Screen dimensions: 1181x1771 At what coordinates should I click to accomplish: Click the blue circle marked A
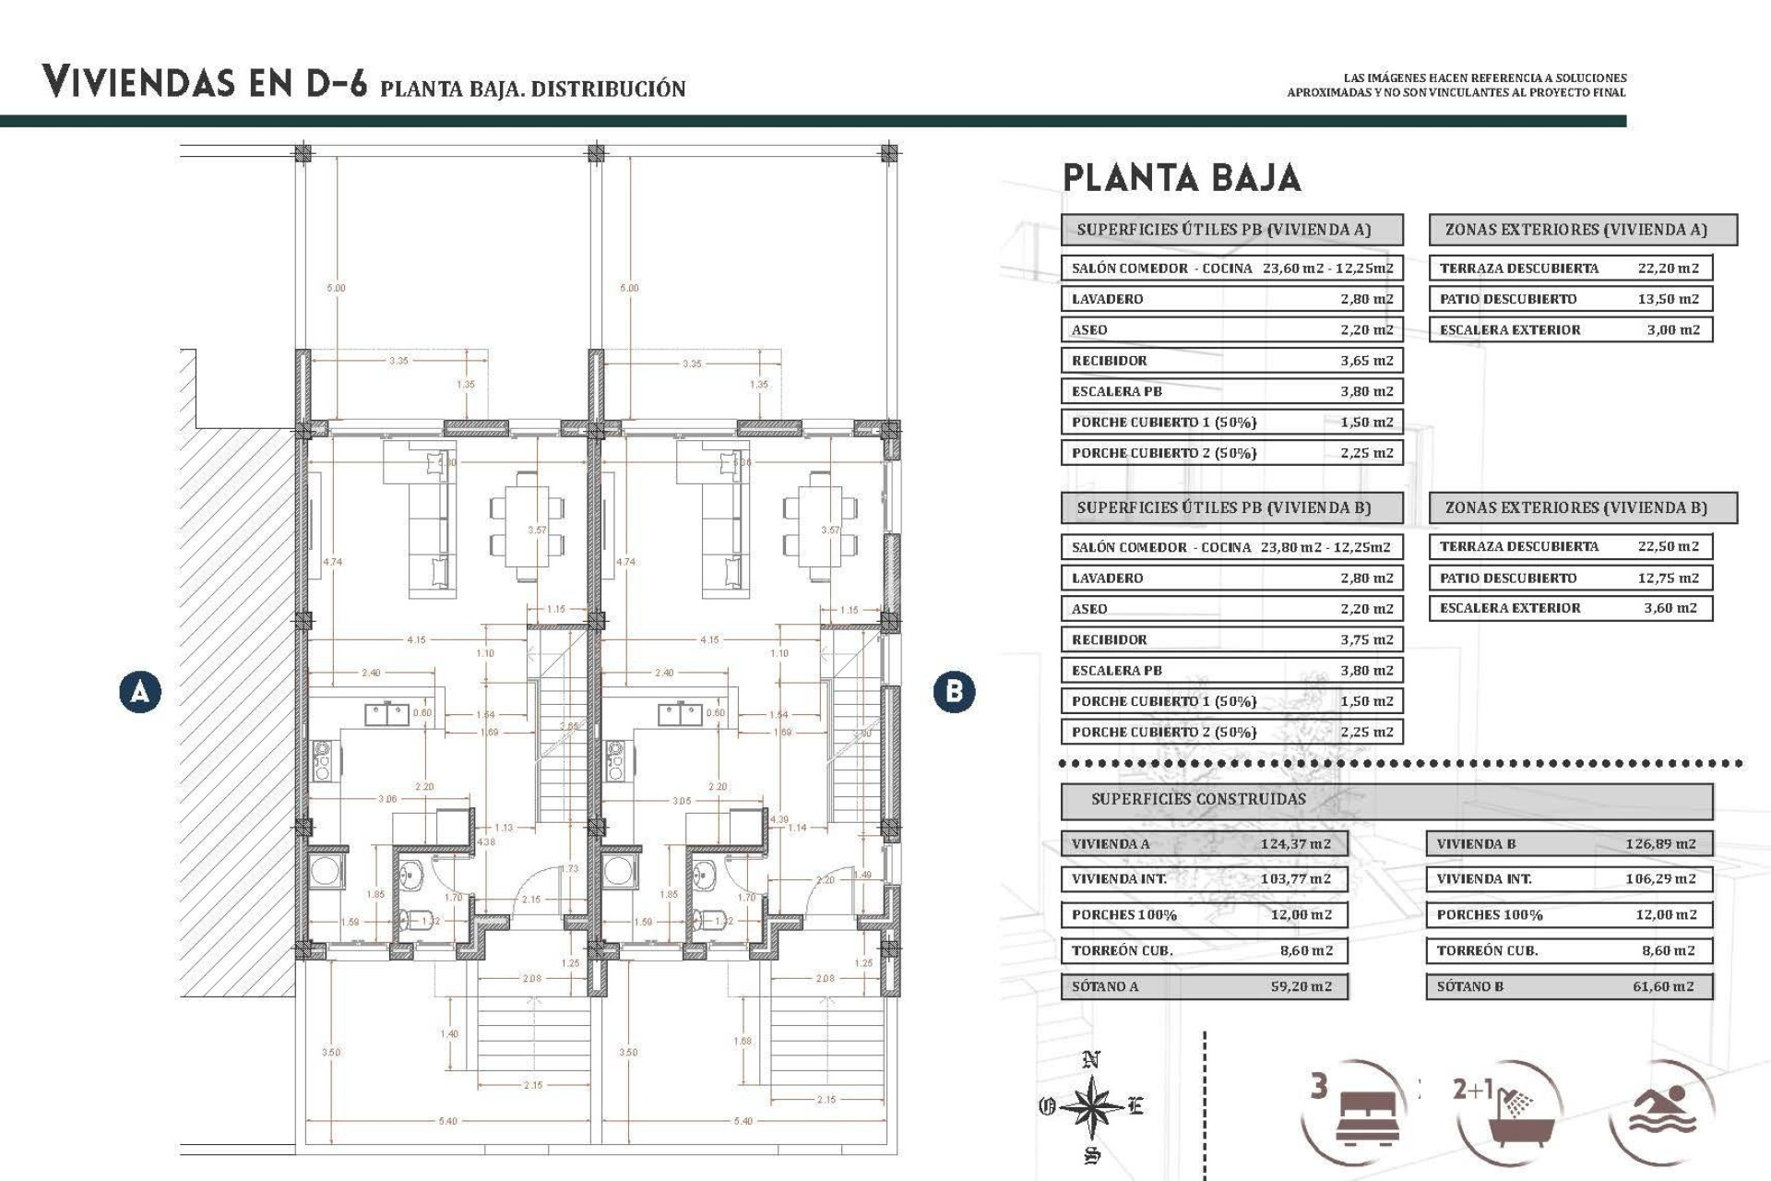pos(140,691)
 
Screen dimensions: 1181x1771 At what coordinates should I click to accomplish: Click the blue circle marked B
pos(954,691)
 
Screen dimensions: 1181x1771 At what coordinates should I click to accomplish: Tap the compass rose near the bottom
pos(1091,1105)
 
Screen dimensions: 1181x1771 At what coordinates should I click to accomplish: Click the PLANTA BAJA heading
pos(1182,177)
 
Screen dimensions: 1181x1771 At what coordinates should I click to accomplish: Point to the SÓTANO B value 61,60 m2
pos(1662,986)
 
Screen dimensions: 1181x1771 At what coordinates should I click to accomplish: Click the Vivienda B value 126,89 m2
pos(1659,843)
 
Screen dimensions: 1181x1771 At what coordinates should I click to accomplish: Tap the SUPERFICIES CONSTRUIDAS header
pos(1198,799)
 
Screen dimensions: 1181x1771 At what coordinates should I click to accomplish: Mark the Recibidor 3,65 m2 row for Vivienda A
pos(1231,361)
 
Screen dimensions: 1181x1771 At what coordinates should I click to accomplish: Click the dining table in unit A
pos(527,526)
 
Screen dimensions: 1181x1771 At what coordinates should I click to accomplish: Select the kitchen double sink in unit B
pos(681,713)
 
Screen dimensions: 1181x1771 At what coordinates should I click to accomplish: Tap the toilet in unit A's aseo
pos(417,918)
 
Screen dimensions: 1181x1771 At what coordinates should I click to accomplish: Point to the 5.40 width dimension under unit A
pos(447,1121)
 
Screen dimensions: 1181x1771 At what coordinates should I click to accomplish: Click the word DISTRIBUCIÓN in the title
pos(608,89)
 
